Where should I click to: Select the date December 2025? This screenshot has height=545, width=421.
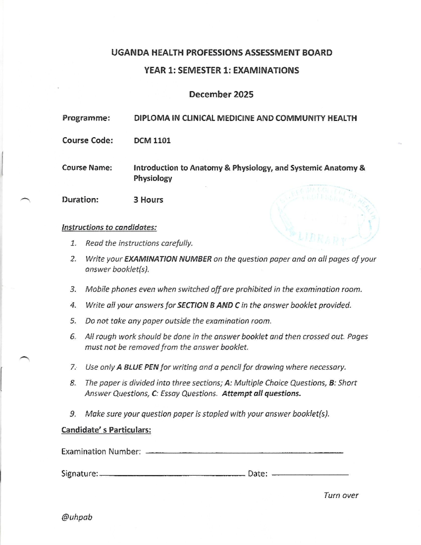[221, 94]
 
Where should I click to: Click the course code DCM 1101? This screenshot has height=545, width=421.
[152, 140]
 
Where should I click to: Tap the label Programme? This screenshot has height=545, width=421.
[86, 118]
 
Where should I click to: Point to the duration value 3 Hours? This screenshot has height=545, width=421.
[148, 200]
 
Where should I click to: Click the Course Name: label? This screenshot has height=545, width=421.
[87, 168]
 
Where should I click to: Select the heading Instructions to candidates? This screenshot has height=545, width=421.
[109, 227]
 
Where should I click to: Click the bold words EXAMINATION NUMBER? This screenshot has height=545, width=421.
[168, 259]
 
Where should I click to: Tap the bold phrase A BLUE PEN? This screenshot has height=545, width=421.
[138, 367]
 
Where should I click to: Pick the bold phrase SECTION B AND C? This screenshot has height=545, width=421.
[208, 305]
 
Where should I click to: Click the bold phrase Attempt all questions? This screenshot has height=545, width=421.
[261, 393]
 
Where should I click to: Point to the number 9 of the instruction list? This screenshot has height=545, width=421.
[73, 414]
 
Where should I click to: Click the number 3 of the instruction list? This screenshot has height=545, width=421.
[73, 289]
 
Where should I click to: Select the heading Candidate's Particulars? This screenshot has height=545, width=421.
[106, 430]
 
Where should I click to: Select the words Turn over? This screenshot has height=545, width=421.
[341, 495]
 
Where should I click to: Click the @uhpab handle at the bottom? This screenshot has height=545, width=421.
[77, 517]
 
